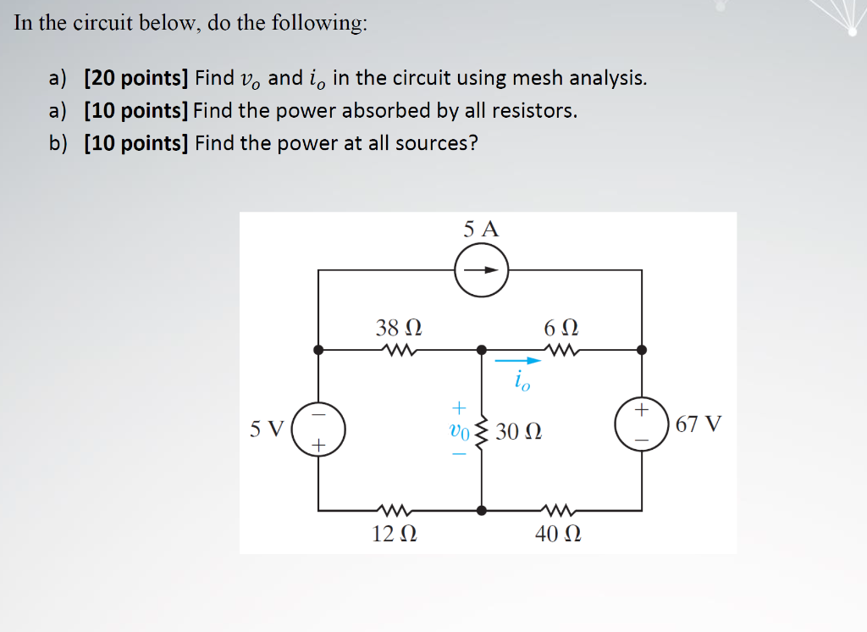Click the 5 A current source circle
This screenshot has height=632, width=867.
[x=482, y=270]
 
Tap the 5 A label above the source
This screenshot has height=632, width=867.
[x=482, y=229]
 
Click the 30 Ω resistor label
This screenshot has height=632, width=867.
[x=519, y=431]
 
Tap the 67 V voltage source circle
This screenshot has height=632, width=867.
[x=641, y=424]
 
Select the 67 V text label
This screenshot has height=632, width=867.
[x=699, y=424]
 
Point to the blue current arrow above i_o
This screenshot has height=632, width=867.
[x=517, y=361]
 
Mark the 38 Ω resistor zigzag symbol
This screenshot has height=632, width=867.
[x=397, y=349]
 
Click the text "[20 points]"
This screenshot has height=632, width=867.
[x=135, y=79]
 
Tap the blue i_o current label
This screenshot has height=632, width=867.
[x=522, y=382]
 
